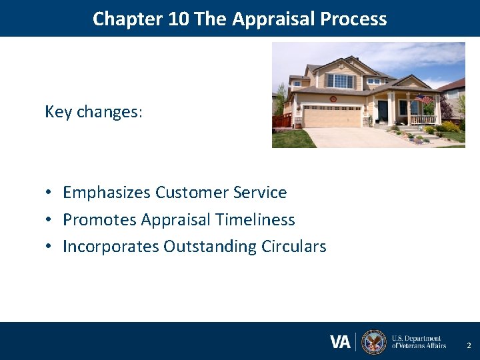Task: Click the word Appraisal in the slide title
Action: [x=274, y=19]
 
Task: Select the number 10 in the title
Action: [x=179, y=19]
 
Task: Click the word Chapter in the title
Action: [x=129, y=19]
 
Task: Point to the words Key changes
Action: [x=93, y=111]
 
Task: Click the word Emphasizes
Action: [x=107, y=193]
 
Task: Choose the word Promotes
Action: [x=100, y=219]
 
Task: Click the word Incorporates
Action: [x=111, y=247]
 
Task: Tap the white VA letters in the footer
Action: [x=340, y=342]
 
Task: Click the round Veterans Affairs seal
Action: [x=373, y=342]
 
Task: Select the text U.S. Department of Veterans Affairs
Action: [x=419, y=342]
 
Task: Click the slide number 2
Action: [x=469, y=345]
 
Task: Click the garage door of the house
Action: [x=332, y=116]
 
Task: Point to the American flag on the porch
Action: [x=423, y=99]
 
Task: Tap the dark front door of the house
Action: [x=383, y=109]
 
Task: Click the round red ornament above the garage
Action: [x=333, y=98]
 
